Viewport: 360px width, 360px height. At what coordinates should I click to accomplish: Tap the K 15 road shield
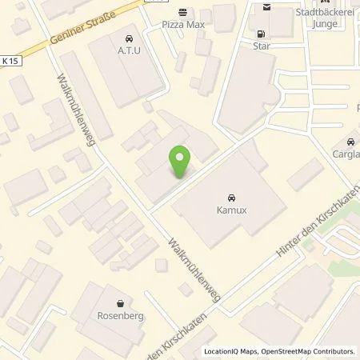(9, 61)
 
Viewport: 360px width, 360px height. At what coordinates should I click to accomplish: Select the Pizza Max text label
(184, 25)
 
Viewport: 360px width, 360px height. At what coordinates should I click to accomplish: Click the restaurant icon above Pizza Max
(184, 13)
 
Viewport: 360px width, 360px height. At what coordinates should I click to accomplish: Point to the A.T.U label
(128, 51)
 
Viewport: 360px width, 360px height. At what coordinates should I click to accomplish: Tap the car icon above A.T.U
(128, 38)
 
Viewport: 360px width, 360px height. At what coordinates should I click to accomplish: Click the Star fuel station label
(261, 46)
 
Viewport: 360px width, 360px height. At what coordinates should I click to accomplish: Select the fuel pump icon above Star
(261, 34)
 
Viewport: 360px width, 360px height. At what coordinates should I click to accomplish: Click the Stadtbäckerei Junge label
(324, 18)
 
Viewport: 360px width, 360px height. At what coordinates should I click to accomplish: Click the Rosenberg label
(120, 316)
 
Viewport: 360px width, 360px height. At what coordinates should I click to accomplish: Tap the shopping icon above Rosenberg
(120, 303)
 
